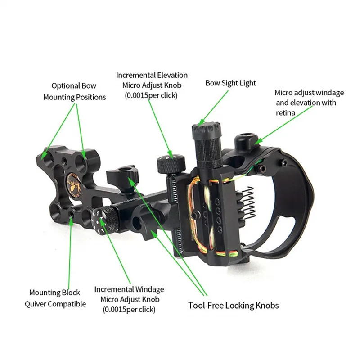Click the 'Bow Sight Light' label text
230,83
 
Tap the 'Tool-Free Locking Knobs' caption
234,306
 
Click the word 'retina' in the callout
285,113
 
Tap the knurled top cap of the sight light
206,128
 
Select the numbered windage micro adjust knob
105,220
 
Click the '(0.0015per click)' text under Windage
129,310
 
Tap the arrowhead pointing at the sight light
201,123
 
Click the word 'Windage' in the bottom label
149,289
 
